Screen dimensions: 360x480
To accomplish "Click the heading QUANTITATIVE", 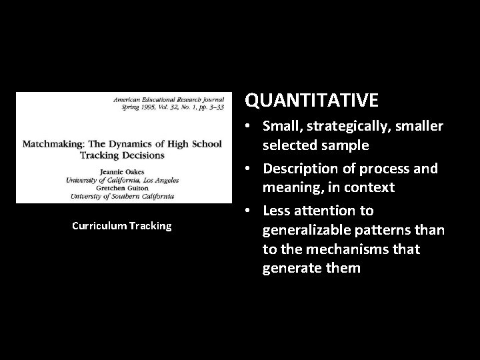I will click(x=311, y=100).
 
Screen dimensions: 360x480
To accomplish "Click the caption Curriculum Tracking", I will click(x=121, y=226).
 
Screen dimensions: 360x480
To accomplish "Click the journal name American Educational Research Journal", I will click(x=172, y=97).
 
